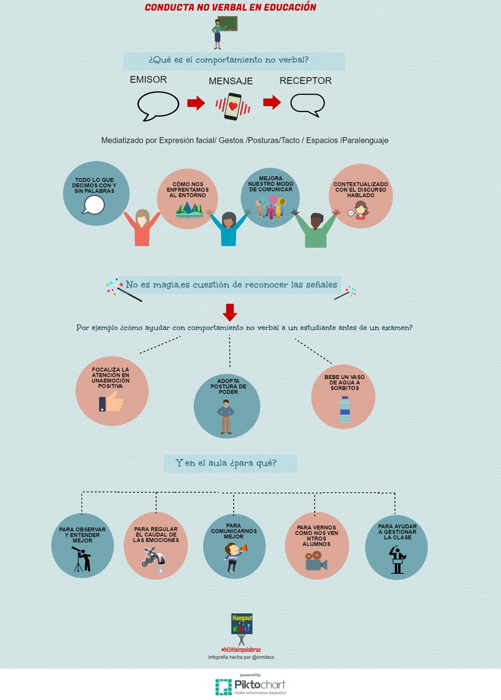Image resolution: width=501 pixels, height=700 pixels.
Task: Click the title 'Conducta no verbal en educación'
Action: (231, 8)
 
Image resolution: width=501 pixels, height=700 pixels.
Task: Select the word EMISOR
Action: (148, 80)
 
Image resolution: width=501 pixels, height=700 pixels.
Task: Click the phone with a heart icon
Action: (233, 106)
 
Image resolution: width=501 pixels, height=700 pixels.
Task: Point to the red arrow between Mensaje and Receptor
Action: (271, 103)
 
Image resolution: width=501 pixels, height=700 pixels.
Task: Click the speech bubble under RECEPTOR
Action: (307, 104)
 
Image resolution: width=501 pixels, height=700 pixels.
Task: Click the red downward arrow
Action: (230, 312)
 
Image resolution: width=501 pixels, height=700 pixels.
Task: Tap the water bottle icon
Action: (345, 409)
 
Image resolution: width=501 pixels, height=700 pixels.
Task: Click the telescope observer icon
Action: (82, 558)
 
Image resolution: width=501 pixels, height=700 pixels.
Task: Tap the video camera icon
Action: (316, 562)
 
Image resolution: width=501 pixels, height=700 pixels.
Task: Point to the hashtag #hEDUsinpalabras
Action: (241, 649)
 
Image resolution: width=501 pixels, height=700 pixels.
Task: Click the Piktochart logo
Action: (250, 686)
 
